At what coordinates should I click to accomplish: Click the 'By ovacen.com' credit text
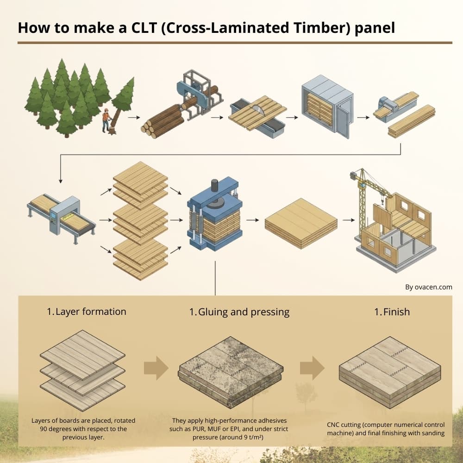coord(428,287)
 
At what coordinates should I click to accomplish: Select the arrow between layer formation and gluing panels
coord(156,368)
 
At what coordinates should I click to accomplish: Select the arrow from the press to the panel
coord(252,220)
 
